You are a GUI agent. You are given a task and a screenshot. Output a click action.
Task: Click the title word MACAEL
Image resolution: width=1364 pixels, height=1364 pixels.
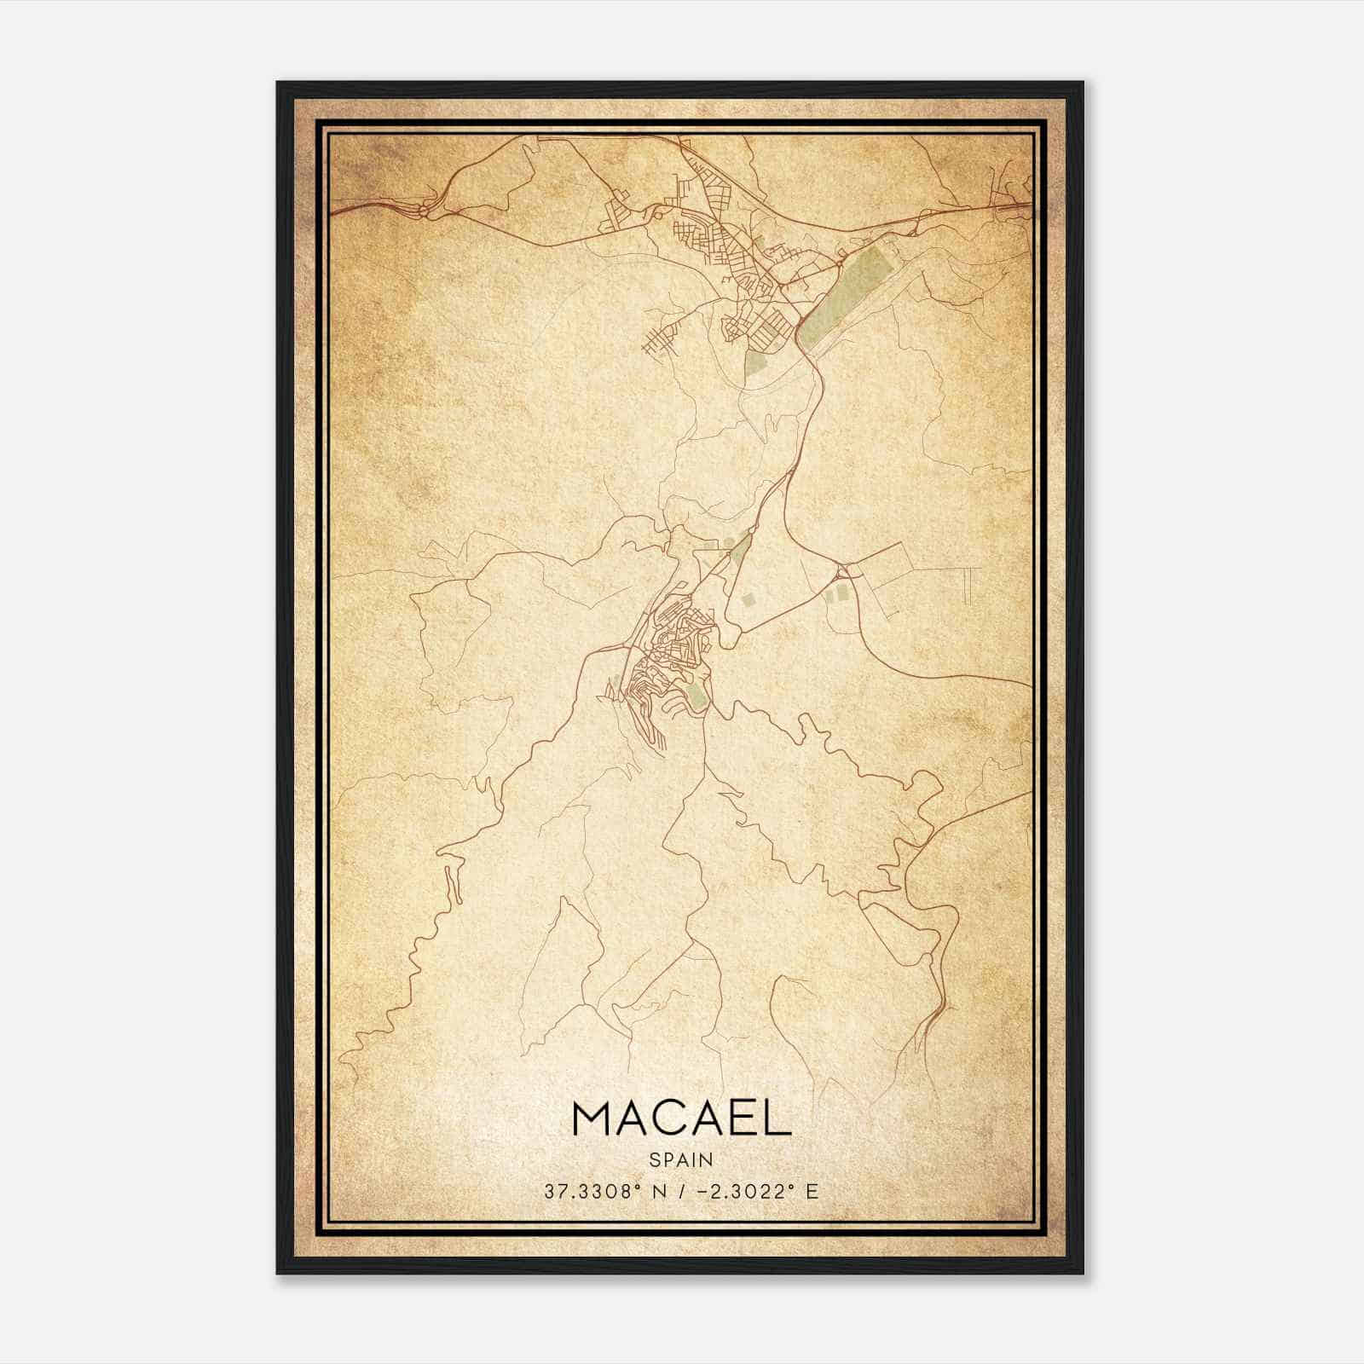click(682, 1118)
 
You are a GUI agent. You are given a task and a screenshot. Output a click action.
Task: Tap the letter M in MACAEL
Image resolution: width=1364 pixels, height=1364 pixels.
click(592, 1118)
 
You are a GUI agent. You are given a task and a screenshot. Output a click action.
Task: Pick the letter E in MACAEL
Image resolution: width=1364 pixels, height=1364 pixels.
click(747, 1118)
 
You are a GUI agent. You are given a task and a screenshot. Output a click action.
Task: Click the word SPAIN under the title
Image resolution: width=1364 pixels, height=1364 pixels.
click(681, 1159)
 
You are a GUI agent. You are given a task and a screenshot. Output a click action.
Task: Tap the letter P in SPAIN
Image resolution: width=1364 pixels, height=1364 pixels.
click(668, 1159)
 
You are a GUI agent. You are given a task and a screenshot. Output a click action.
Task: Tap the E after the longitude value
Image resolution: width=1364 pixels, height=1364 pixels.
click(812, 1191)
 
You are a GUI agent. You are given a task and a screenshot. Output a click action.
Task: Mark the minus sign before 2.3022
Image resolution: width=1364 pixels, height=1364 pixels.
click(703, 1191)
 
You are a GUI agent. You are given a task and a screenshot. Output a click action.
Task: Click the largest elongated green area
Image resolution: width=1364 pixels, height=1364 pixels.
click(844, 290)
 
